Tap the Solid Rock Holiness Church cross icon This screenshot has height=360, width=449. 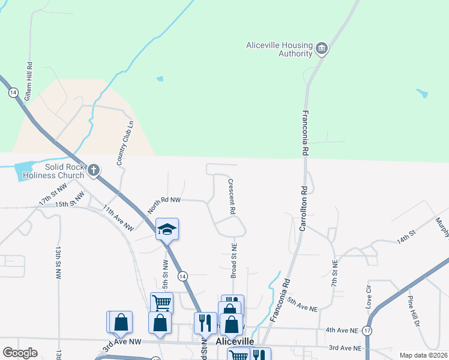click(x=93, y=170)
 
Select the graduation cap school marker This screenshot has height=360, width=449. click(x=167, y=229)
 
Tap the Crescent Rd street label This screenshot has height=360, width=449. click(x=231, y=196)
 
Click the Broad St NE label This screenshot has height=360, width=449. click(x=234, y=260)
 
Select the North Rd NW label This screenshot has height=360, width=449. click(x=164, y=204)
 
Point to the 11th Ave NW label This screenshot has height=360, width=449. click(x=118, y=218)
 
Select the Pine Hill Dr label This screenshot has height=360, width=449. click(x=412, y=311)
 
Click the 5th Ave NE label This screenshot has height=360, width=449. click(x=302, y=304)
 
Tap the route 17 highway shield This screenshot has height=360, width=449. click(x=367, y=331)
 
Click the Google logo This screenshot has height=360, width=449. click(x=20, y=353)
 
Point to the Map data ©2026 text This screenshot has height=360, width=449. click(x=423, y=355)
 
